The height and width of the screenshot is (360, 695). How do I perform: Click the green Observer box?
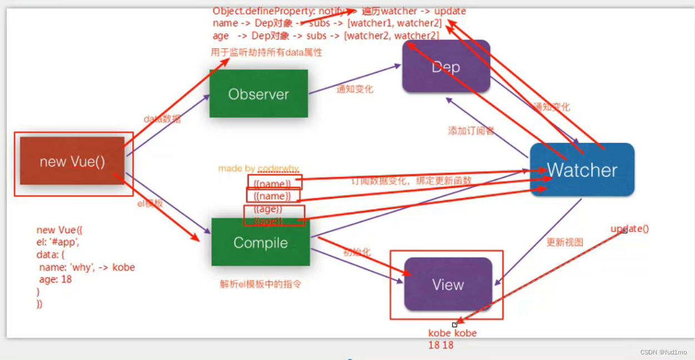point(258,93)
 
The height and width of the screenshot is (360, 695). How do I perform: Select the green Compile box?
point(260,243)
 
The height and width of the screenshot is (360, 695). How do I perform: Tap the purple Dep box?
point(446,67)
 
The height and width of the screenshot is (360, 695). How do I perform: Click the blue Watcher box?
point(582,170)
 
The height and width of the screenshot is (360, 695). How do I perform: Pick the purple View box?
point(448,284)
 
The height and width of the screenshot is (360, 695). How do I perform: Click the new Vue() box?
point(72,161)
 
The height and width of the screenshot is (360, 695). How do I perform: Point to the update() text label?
point(630,229)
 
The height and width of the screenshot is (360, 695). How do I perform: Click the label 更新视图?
point(565,242)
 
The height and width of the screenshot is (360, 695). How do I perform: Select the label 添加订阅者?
point(471,131)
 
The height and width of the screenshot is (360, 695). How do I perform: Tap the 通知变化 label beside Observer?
point(354,89)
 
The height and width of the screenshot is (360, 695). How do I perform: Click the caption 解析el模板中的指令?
point(260,284)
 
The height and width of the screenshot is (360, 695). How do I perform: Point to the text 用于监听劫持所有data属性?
point(267,52)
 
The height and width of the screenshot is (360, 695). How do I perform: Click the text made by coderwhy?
point(258,168)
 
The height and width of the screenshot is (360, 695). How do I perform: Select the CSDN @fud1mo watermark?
point(663,352)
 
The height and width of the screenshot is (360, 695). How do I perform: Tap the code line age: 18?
point(56,279)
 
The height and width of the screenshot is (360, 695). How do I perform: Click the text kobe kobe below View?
point(452,333)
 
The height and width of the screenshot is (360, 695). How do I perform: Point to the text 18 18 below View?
point(441,345)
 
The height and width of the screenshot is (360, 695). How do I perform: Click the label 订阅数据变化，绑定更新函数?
point(411,181)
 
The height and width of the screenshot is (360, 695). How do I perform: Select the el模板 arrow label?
point(150,204)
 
